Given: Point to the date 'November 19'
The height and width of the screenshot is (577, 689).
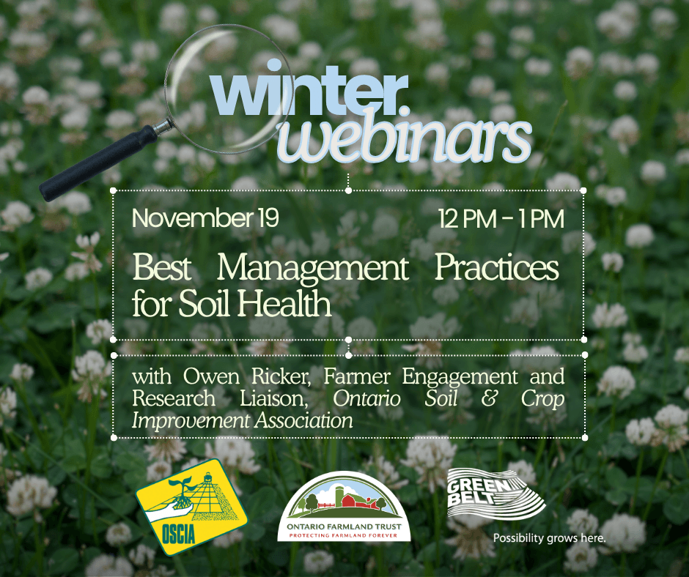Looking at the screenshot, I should [206, 218].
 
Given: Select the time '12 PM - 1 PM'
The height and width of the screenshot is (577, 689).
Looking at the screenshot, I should [501, 218].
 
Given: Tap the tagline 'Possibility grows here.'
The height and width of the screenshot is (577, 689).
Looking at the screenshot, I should [549, 539].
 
